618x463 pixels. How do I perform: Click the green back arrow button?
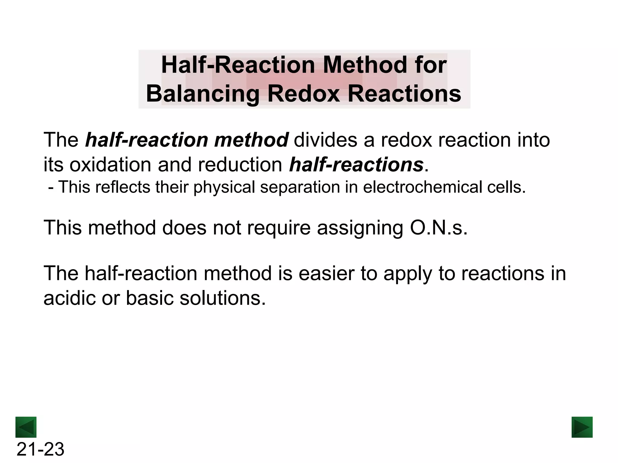coord(26,427)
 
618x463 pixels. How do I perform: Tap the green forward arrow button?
coord(582,427)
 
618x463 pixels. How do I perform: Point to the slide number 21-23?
coord(40,449)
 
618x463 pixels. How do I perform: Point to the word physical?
coord(225,187)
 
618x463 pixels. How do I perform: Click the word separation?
coord(300,187)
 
